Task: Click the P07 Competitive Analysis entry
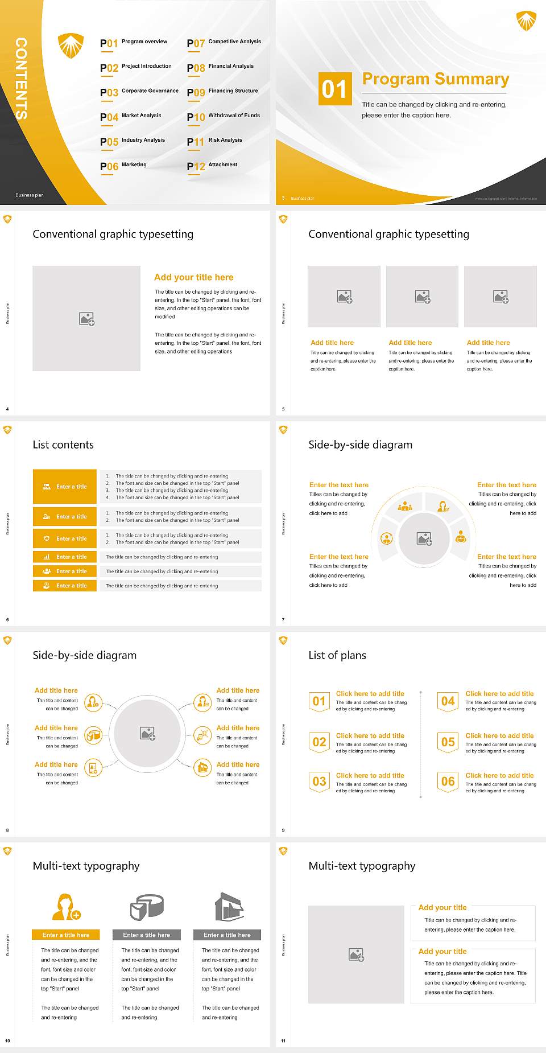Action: (x=224, y=43)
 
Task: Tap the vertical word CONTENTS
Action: (x=21, y=78)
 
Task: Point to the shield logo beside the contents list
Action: (x=71, y=45)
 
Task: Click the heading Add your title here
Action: (x=193, y=277)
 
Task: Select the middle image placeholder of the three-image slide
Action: (x=422, y=297)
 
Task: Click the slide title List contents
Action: (x=63, y=445)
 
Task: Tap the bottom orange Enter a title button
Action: (x=65, y=586)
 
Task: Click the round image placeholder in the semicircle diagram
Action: (x=424, y=538)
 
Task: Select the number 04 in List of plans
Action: (x=448, y=701)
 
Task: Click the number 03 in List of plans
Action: (x=319, y=781)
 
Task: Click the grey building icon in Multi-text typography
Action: (x=229, y=907)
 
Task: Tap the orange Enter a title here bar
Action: (x=66, y=935)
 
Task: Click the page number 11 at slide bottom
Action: (x=283, y=1041)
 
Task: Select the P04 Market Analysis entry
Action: (x=131, y=117)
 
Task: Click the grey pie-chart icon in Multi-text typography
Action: (x=147, y=907)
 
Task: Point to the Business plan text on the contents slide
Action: (x=30, y=195)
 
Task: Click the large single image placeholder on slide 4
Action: (x=86, y=319)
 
